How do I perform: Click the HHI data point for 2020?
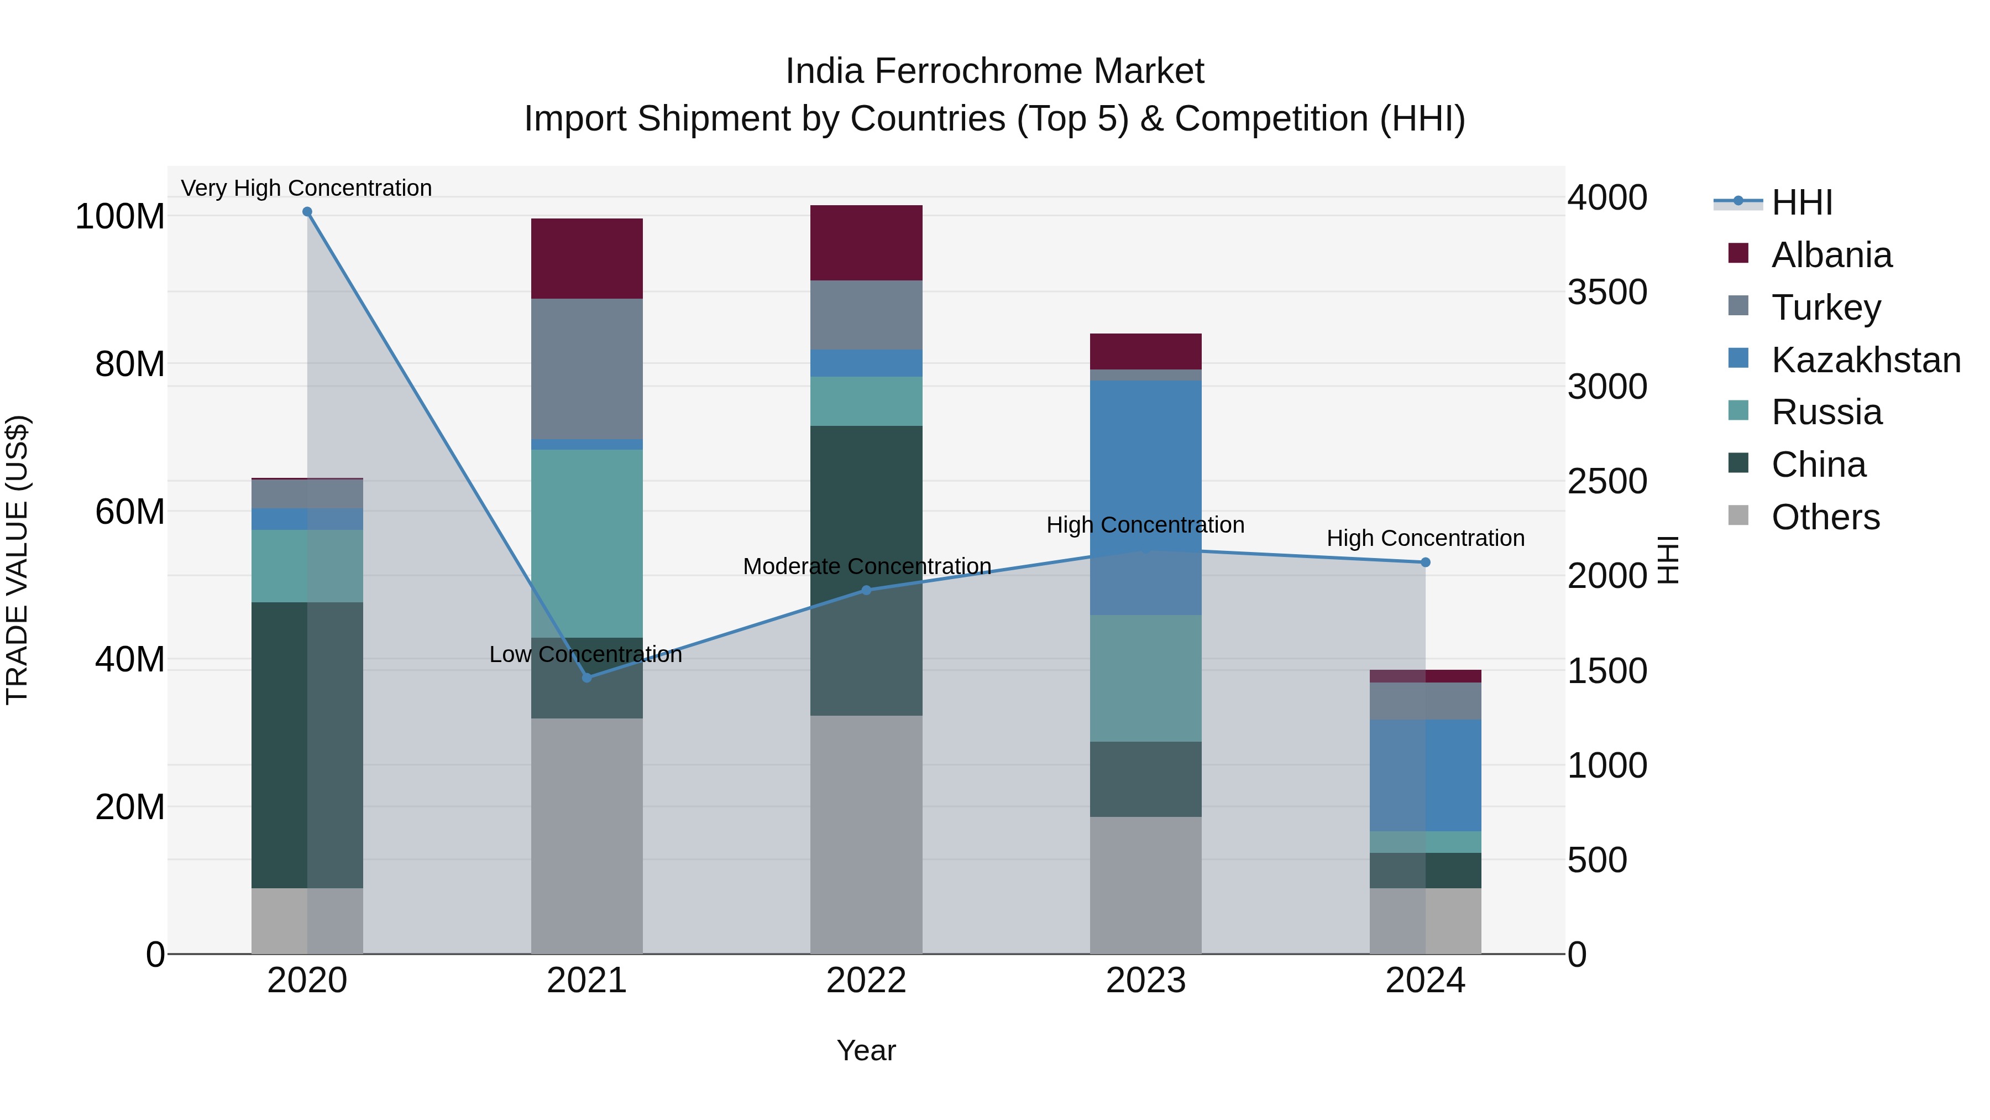click(x=307, y=212)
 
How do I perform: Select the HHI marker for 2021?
click(x=586, y=678)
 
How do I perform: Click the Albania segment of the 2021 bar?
click(x=586, y=259)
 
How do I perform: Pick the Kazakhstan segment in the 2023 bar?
click(x=1146, y=497)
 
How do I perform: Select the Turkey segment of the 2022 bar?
click(x=866, y=315)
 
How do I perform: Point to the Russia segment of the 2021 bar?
click(x=586, y=543)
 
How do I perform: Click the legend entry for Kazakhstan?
click(x=1866, y=360)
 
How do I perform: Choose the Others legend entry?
click(x=1825, y=517)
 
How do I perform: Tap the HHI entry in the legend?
click(x=1802, y=202)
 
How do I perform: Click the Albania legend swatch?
click(x=1738, y=253)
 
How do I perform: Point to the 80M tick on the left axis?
click(x=130, y=364)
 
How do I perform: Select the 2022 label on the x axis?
click(x=866, y=981)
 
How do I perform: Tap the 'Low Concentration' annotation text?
click(x=585, y=655)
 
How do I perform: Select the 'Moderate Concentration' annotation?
click(x=867, y=566)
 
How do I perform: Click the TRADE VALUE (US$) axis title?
click(x=17, y=560)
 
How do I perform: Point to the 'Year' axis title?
click(x=866, y=1050)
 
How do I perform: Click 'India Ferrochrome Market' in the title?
click(x=994, y=72)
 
